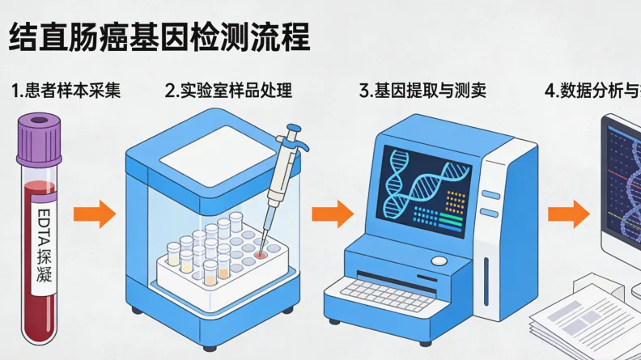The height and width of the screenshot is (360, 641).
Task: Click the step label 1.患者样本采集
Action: click(66, 91)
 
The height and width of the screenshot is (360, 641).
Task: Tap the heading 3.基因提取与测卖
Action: click(422, 91)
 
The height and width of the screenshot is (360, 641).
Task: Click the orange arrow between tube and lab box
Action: click(95, 214)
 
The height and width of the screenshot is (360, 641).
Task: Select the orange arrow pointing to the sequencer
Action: click(333, 214)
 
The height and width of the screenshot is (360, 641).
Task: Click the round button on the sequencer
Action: click(439, 261)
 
